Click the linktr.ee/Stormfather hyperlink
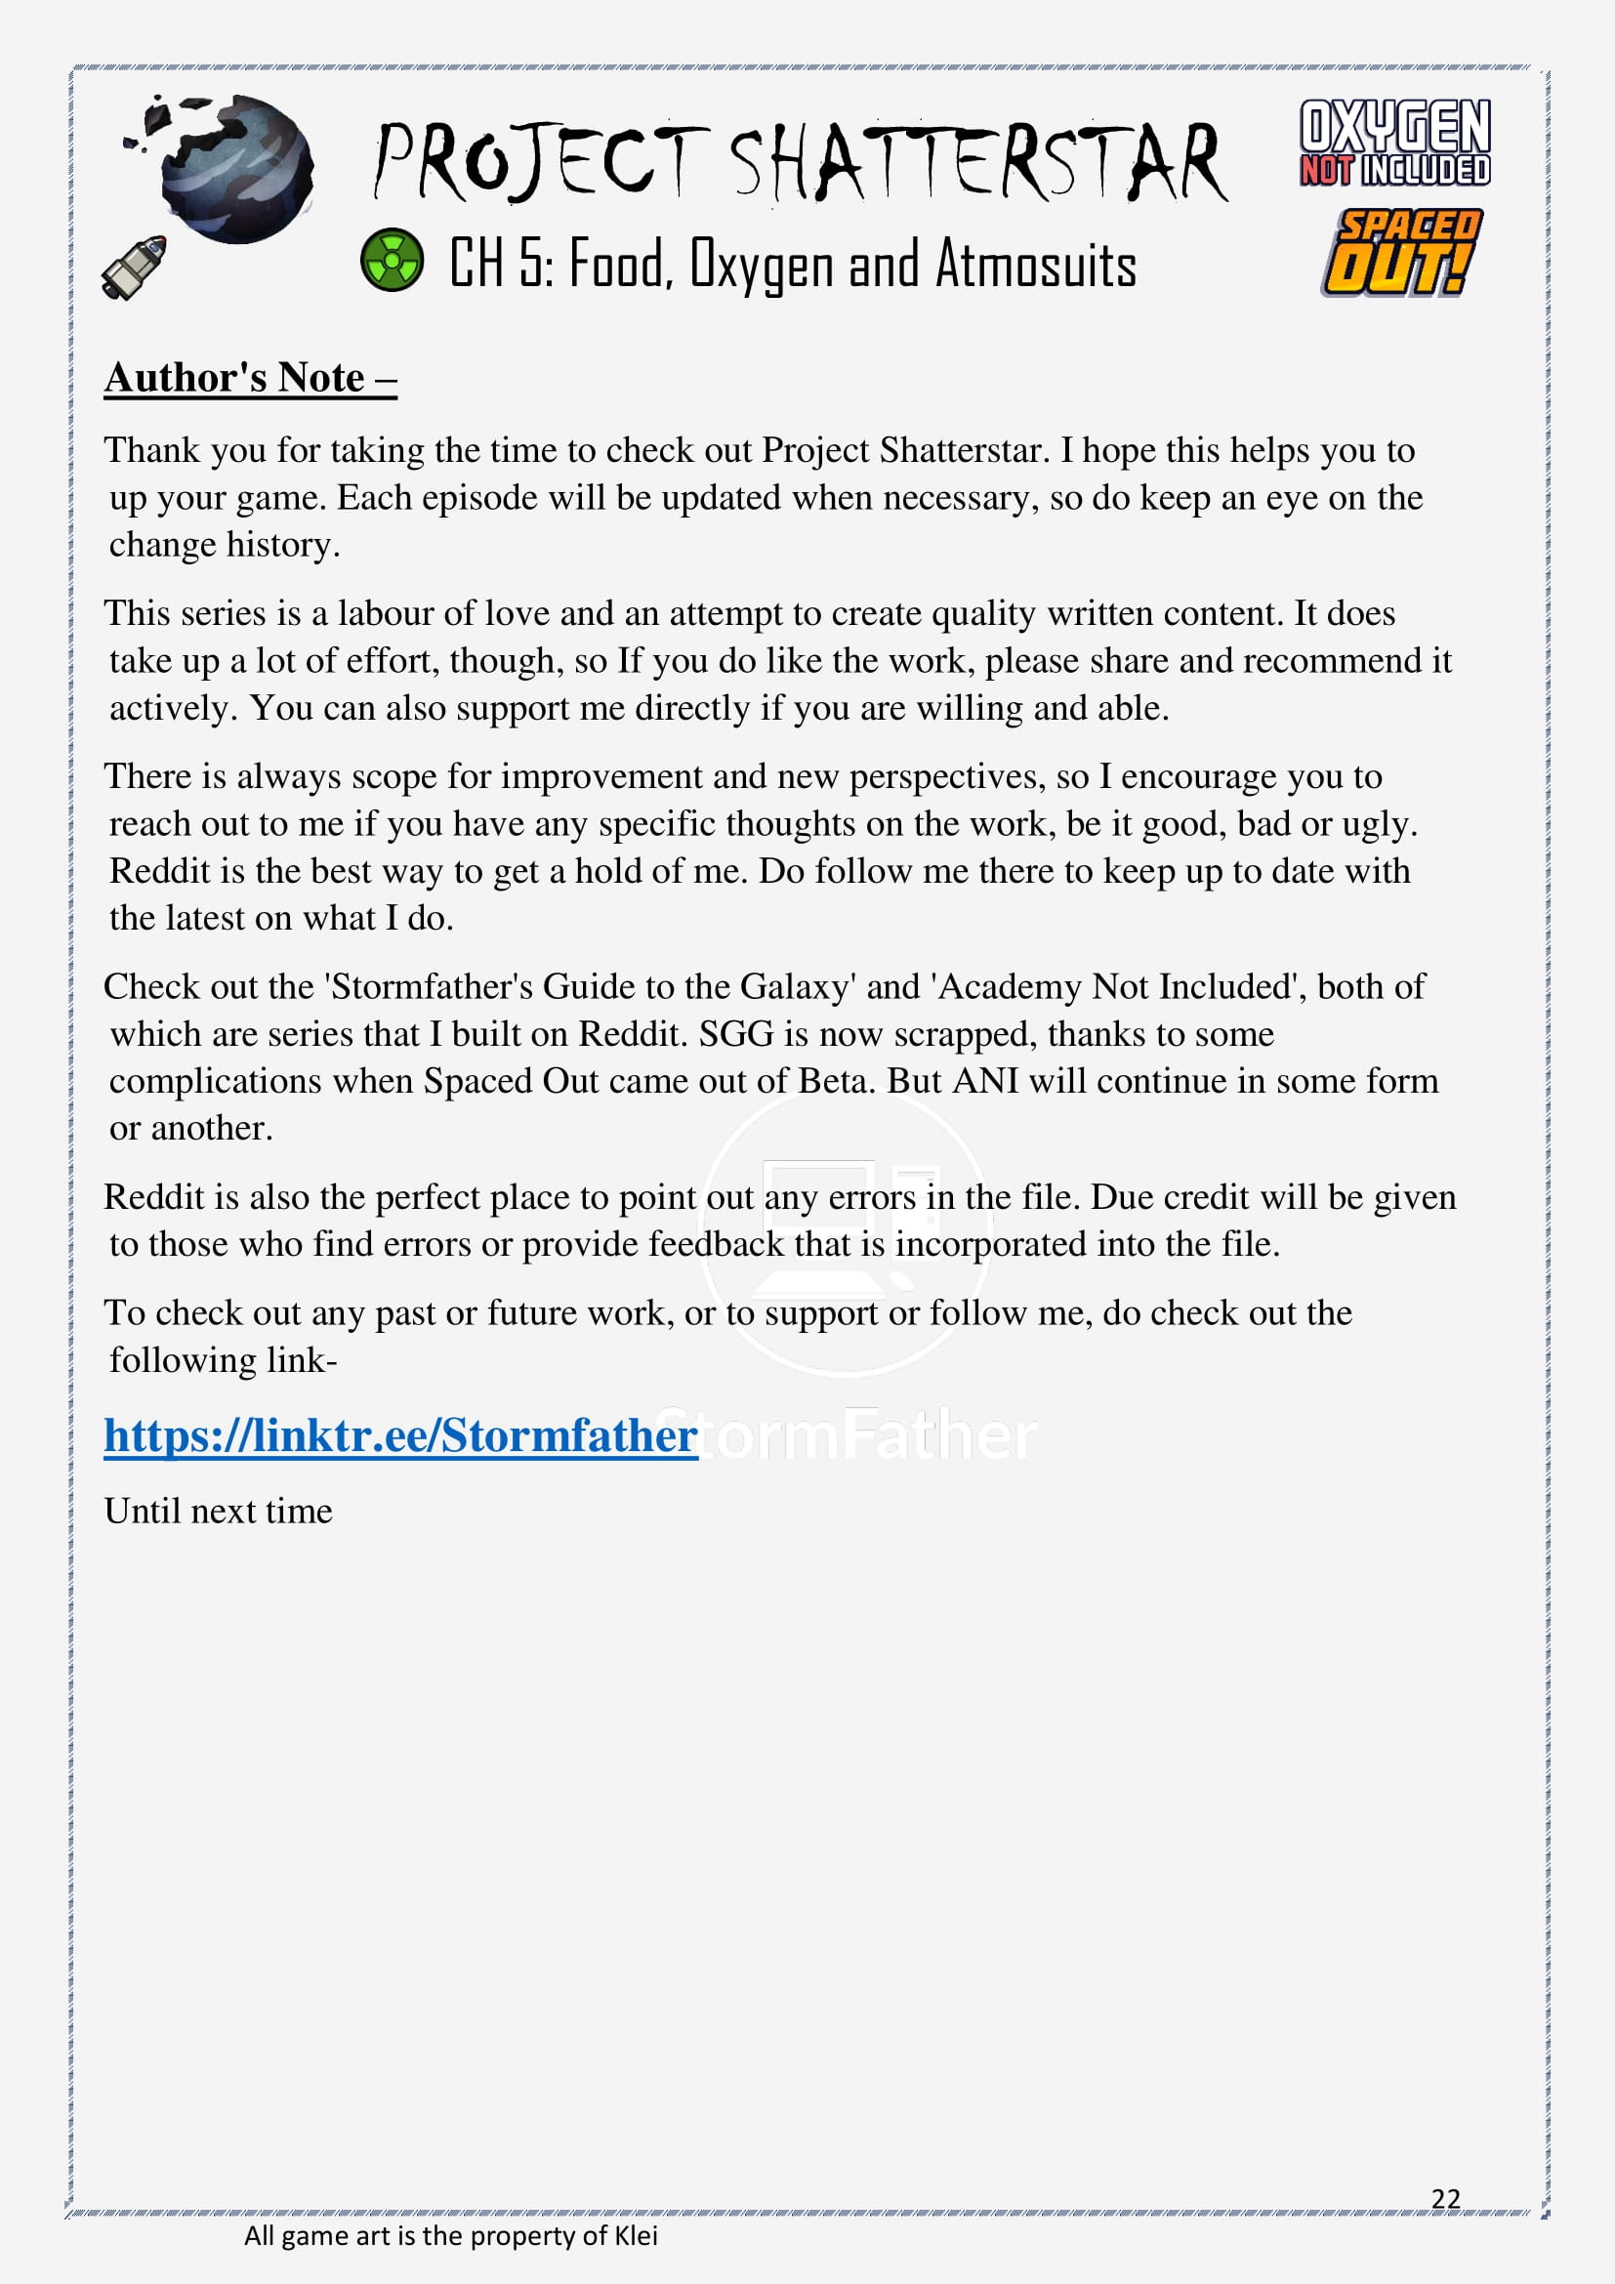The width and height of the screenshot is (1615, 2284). point(399,1435)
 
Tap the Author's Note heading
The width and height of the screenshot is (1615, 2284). point(251,378)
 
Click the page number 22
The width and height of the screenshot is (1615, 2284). point(1445,2198)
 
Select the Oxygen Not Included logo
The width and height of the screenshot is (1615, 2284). point(1394,143)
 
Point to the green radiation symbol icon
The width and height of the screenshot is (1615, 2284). point(392,260)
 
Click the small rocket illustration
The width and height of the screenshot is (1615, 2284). point(134,267)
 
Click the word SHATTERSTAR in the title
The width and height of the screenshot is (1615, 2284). point(978,162)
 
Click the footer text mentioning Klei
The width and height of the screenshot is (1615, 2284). point(450,2236)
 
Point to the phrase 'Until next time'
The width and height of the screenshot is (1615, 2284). point(218,1511)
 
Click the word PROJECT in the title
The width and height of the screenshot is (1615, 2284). point(542,161)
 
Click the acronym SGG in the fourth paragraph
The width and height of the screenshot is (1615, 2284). point(736,1033)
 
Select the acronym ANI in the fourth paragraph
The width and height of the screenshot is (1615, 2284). point(984,1080)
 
